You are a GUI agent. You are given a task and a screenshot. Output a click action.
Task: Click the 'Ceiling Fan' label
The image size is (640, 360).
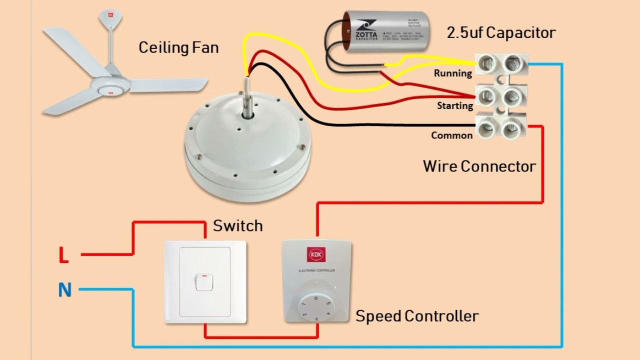click(178, 48)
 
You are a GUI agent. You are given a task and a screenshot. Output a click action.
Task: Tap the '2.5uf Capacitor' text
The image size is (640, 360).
click(500, 33)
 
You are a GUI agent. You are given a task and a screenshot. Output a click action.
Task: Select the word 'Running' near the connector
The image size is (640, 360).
click(452, 73)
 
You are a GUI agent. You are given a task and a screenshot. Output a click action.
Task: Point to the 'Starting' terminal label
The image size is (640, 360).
click(454, 105)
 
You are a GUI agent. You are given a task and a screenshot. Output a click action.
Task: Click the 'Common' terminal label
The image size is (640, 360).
click(451, 135)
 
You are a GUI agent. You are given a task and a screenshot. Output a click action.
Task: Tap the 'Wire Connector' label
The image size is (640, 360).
click(479, 166)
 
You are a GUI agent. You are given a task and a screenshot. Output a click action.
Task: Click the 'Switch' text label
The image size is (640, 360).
click(237, 226)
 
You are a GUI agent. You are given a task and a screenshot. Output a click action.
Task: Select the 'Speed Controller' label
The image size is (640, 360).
click(416, 316)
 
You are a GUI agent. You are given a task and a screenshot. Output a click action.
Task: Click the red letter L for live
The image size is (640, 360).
click(63, 255)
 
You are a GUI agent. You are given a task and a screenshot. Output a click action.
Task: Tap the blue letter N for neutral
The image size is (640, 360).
click(65, 290)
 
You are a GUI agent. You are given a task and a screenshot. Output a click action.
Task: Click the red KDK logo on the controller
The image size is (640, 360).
click(316, 254)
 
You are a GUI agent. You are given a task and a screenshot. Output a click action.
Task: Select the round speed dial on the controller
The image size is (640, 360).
click(315, 305)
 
